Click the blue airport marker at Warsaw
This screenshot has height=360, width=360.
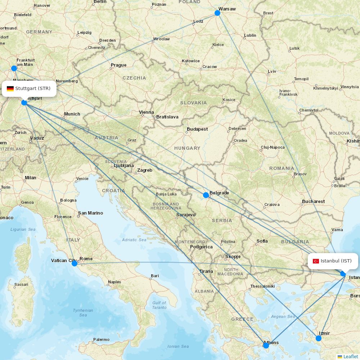tap(217, 13)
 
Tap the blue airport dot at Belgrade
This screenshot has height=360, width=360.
tap(206, 195)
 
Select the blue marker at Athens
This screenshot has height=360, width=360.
tap(266, 345)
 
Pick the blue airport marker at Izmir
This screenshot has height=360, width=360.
tap(319, 338)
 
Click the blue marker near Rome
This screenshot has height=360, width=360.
tap(75, 264)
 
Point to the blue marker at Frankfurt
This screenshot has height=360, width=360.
tap(14, 68)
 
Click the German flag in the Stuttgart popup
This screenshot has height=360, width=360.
tap(10, 89)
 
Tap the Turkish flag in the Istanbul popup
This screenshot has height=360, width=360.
tap(316, 261)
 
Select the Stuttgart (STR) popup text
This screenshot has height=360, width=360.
tap(33, 89)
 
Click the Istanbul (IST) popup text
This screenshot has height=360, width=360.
tap(336, 261)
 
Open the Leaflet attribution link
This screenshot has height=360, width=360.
tap(350, 356)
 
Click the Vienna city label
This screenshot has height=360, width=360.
tap(147, 112)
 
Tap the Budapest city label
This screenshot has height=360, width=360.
tap(197, 129)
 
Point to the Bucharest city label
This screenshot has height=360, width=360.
tap(313, 202)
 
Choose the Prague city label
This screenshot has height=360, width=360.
tap(119, 65)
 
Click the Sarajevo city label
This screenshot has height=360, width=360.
tap(186, 215)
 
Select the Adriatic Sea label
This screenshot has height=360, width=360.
tap(134, 240)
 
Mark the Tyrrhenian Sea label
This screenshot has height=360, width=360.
tap(83, 312)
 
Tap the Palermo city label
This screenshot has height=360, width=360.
tap(101, 339)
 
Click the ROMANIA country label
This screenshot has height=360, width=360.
tap(282, 168)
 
